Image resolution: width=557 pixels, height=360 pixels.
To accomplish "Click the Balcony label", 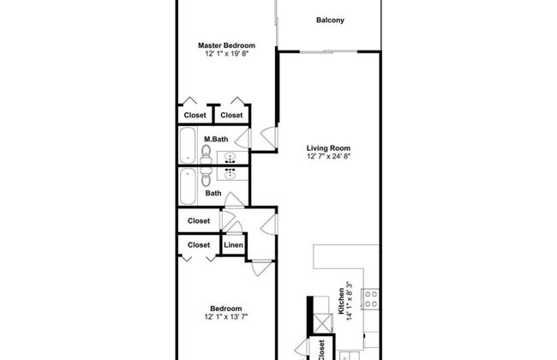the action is [x=330, y=21].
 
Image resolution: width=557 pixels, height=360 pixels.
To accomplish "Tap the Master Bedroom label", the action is [x=226, y=45].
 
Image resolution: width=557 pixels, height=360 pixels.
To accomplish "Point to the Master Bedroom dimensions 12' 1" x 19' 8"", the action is [x=226, y=54].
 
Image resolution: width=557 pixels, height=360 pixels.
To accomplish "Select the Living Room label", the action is [x=328, y=147].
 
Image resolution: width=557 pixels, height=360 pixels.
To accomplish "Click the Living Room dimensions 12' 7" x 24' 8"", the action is [x=328, y=156].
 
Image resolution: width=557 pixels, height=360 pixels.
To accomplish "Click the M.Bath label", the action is [x=216, y=139].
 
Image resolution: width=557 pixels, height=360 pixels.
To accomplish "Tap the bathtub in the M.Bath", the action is [x=187, y=145].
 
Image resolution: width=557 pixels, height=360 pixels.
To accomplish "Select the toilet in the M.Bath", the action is [x=206, y=154].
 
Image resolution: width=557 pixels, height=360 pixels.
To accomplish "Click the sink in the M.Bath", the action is [x=231, y=158].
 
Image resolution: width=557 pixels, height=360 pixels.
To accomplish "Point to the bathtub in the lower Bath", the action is [x=187, y=186].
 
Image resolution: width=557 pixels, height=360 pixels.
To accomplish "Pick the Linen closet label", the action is [x=233, y=245].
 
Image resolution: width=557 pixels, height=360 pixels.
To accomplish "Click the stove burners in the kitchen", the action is [x=371, y=299].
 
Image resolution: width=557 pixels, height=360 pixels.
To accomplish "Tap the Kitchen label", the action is [x=341, y=301].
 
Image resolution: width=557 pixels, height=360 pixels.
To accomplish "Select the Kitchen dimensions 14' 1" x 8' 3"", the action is [x=349, y=301].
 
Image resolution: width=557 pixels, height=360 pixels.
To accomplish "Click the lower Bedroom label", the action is [x=226, y=309].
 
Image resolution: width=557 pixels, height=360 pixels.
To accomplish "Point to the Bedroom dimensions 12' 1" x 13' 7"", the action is [x=226, y=316].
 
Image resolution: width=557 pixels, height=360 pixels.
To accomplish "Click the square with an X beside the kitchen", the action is [x=323, y=323].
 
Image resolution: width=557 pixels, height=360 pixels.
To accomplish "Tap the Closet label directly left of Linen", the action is [x=199, y=245].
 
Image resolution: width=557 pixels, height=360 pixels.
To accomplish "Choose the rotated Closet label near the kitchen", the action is [x=321, y=350].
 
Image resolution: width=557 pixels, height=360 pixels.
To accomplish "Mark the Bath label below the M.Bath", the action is [x=213, y=194].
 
